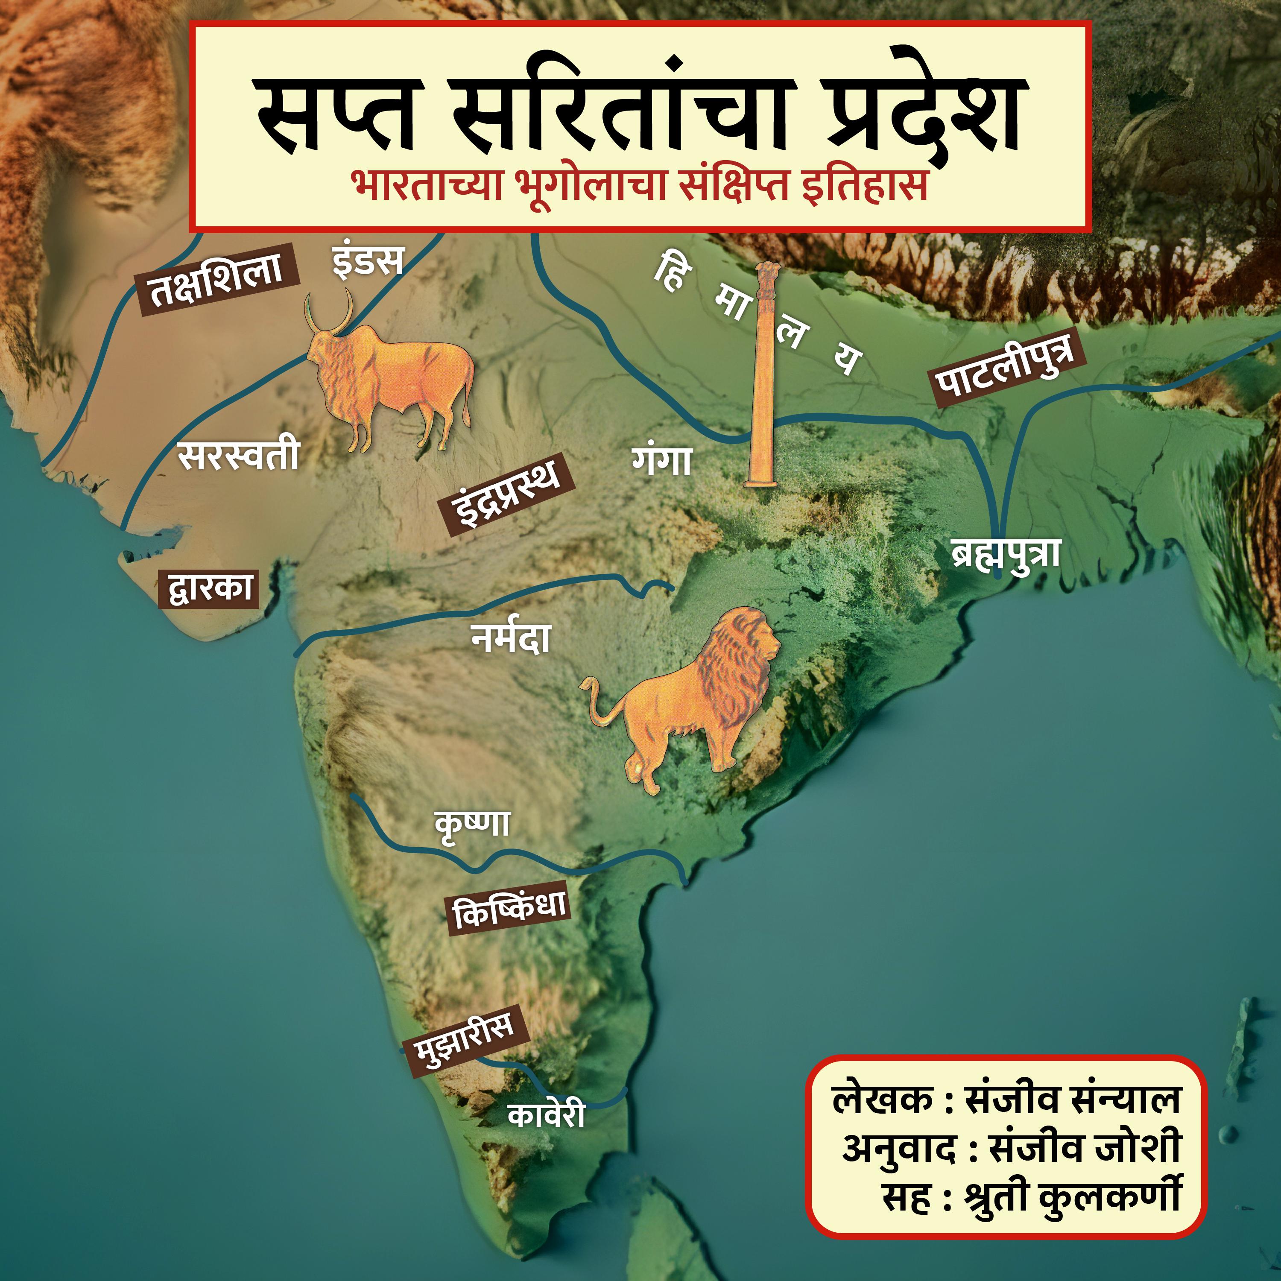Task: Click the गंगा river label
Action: pyautogui.click(x=662, y=461)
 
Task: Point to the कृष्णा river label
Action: pyautogui.click(x=472, y=824)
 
